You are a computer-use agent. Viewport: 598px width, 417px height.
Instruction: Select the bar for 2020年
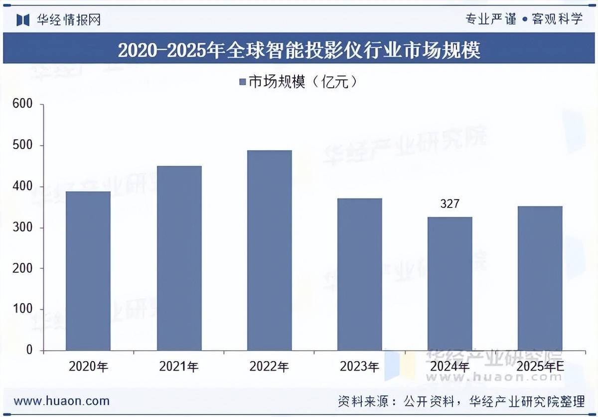(x=88, y=271)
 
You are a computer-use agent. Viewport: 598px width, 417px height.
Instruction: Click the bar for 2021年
(x=179, y=258)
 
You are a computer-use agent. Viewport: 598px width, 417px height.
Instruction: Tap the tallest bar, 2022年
(x=269, y=250)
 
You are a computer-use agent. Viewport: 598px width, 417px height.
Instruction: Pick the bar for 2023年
(x=359, y=274)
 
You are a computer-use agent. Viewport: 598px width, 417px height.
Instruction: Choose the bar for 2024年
(x=449, y=283)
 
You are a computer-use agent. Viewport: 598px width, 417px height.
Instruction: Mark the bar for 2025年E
(x=540, y=278)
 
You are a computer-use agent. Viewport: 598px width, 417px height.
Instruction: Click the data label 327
(x=449, y=204)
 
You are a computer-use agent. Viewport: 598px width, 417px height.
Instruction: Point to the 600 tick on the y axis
(x=23, y=104)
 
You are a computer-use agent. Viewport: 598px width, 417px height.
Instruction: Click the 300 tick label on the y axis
(x=23, y=227)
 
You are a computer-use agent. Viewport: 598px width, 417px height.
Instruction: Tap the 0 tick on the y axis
(x=29, y=350)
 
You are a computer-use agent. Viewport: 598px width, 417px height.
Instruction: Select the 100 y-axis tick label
(x=23, y=309)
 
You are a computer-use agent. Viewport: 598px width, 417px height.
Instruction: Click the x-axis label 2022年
(x=269, y=367)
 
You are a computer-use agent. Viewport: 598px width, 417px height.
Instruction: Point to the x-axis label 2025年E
(x=540, y=367)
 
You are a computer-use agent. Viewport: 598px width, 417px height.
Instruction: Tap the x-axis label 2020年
(x=88, y=367)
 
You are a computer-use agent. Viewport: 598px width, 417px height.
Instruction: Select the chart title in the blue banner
(x=299, y=50)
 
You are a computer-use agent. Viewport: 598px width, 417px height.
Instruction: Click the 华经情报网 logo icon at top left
(x=23, y=19)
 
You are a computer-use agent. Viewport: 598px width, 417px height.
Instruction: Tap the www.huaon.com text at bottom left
(x=62, y=401)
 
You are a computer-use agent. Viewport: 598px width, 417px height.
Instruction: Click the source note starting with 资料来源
(x=461, y=401)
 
